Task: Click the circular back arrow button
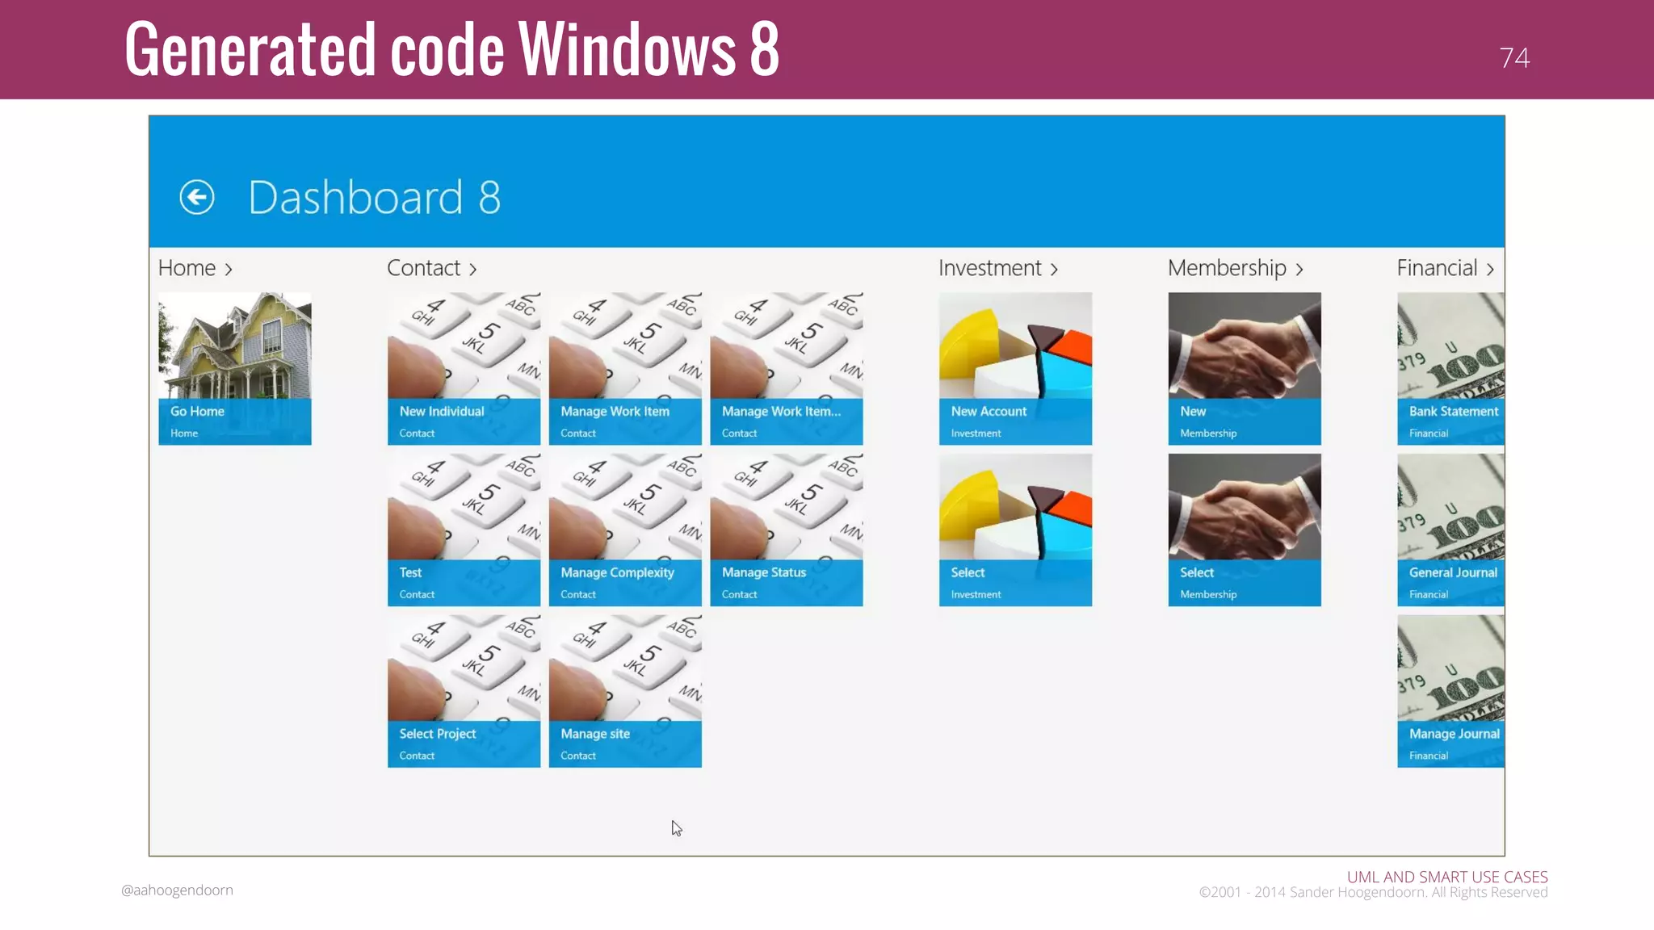pos(197,197)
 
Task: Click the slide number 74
pos(1513,58)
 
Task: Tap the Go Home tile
pos(235,368)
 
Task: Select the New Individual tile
pos(464,368)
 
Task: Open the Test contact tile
pos(464,530)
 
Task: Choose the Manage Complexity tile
pos(625,530)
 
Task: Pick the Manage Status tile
pos(786,530)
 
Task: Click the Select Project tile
pos(464,691)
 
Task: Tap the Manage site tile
pos(625,691)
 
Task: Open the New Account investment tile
pos(1015,368)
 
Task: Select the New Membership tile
pos(1244,368)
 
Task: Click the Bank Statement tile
pos(1450,368)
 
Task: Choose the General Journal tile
pos(1450,530)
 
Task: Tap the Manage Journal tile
pos(1450,691)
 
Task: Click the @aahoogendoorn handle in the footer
pos(177,890)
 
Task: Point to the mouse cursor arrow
pos(676,828)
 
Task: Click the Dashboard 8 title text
pos(374,197)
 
